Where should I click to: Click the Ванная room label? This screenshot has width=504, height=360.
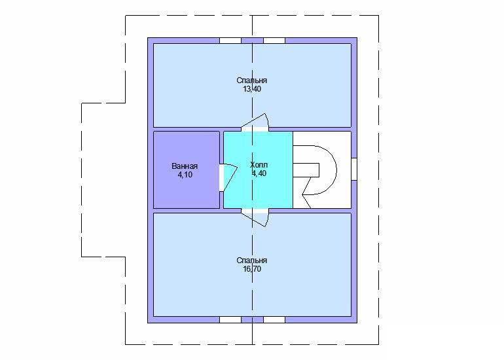(185, 166)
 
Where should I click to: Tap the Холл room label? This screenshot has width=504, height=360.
(259, 165)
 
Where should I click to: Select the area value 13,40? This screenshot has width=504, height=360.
(252, 89)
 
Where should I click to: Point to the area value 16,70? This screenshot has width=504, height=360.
(252, 269)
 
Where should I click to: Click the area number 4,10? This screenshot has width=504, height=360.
(185, 175)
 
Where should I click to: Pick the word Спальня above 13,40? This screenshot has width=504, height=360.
(252, 81)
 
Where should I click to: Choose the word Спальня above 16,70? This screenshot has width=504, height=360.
(252, 261)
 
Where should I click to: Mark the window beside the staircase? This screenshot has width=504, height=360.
(354, 169)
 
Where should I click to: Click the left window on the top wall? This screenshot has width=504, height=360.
(230, 41)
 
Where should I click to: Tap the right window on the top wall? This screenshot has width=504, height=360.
(274, 41)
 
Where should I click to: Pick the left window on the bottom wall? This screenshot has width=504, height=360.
(230, 319)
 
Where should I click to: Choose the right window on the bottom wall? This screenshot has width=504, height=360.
(274, 319)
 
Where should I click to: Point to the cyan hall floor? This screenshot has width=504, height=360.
(258, 190)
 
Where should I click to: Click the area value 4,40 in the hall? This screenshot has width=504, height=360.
(259, 173)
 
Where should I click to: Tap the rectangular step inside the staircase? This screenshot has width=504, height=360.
(306, 170)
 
